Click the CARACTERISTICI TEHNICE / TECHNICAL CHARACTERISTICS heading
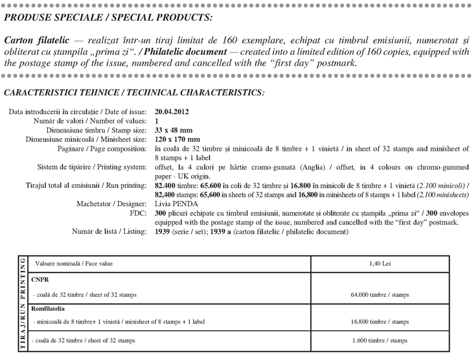(x=134, y=92)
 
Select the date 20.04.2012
(x=171, y=112)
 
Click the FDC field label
(x=139, y=213)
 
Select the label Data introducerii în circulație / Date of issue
(x=78, y=112)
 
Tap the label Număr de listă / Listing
(x=110, y=231)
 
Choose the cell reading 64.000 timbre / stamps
(x=383, y=294)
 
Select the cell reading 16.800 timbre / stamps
(x=383, y=322)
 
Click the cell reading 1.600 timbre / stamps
(x=383, y=340)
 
